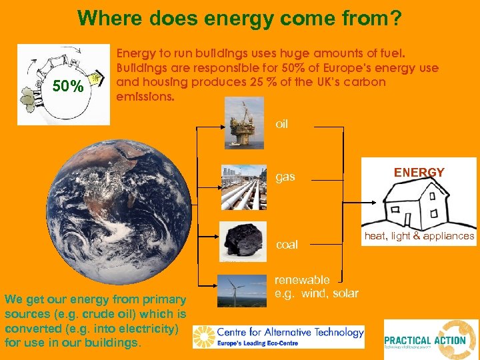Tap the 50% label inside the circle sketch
(x=69, y=87)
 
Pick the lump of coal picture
(x=243, y=241)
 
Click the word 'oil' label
(x=282, y=125)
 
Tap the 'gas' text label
(x=285, y=178)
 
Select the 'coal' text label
(x=287, y=245)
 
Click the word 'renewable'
(x=302, y=279)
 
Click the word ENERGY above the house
(x=419, y=173)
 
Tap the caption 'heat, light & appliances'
(x=419, y=236)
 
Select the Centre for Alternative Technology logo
(x=279, y=337)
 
